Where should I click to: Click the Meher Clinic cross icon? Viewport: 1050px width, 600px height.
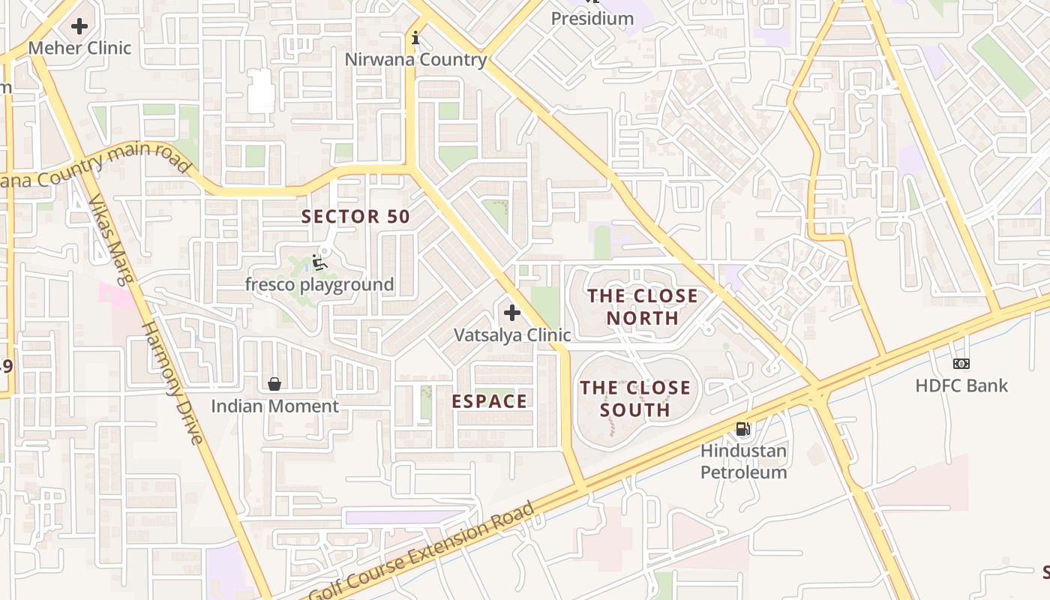click(x=79, y=26)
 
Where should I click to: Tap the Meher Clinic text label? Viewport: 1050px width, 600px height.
click(x=79, y=48)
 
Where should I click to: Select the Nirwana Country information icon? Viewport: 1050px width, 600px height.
click(x=415, y=37)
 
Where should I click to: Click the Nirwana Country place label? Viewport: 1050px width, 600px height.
click(x=415, y=59)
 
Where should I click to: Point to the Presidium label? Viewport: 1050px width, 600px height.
click(x=592, y=18)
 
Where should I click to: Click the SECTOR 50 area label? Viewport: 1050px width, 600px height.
click(x=355, y=217)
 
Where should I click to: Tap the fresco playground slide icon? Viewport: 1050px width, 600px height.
click(x=319, y=262)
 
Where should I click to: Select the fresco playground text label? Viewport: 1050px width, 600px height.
click(x=319, y=285)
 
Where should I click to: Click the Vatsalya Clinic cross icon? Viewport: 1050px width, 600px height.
click(x=512, y=313)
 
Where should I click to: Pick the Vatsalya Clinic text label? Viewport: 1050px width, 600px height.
click(x=512, y=335)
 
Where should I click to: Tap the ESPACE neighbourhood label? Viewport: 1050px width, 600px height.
click(x=489, y=401)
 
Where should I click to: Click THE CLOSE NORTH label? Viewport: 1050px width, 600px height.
click(x=643, y=307)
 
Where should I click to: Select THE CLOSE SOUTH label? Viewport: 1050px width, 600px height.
click(x=635, y=399)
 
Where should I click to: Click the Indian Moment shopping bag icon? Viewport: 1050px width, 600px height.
click(x=274, y=384)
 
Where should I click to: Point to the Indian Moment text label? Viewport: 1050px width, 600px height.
click(x=274, y=406)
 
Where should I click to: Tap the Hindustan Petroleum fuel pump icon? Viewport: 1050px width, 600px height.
click(x=742, y=429)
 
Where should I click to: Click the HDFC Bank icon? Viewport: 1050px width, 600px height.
click(x=961, y=364)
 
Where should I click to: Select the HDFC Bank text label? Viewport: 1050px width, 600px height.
click(x=961, y=386)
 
